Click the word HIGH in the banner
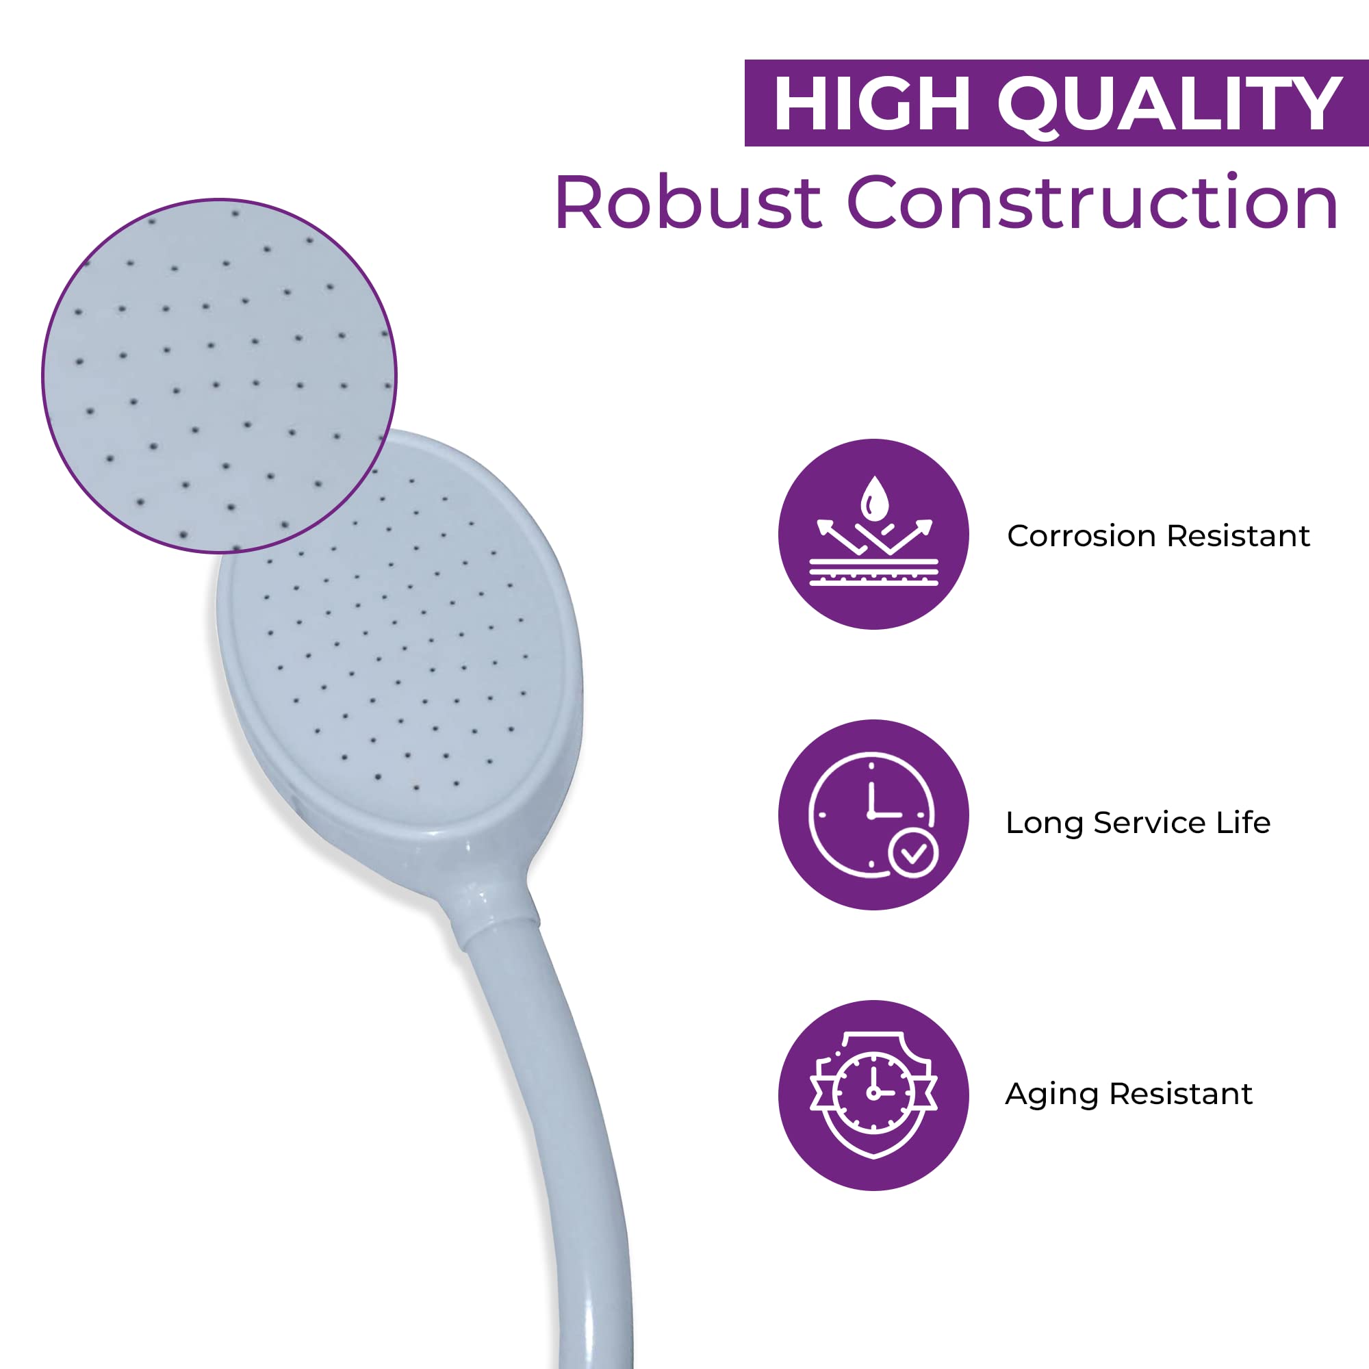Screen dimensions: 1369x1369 click(x=872, y=103)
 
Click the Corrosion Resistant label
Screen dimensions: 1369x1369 click(x=1159, y=536)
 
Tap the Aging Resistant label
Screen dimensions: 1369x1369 click(x=1129, y=1094)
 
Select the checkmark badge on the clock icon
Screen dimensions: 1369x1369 click(x=913, y=853)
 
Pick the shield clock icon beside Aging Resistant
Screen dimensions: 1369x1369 click(x=873, y=1095)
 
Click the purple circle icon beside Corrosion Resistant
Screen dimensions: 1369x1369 click(x=873, y=535)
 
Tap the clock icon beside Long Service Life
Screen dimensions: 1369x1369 click(x=873, y=815)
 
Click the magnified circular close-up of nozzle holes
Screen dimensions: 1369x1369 click(x=220, y=376)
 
